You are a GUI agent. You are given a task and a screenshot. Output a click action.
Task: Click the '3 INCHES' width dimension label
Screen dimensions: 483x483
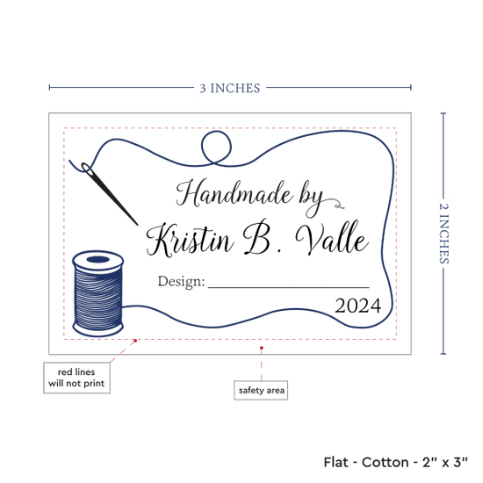tap(230, 89)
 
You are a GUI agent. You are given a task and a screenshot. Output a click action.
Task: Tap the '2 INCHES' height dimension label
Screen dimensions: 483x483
tap(443, 234)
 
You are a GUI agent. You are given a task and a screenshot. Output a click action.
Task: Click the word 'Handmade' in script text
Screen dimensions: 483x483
tap(234, 193)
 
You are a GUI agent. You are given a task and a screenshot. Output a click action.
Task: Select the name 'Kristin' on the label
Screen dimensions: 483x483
tap(190, 240)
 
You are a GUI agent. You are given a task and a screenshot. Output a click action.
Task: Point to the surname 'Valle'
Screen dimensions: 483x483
tap(332, 238)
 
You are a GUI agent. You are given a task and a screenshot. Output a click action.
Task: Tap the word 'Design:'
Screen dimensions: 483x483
tap(181, 282)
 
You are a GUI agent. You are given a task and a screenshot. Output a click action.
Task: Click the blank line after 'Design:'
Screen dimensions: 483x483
tap(289, 287)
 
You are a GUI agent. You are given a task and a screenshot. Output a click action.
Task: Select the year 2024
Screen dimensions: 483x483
tap(358, 306)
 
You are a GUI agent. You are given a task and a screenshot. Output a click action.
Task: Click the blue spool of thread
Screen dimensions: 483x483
tap(98, 293)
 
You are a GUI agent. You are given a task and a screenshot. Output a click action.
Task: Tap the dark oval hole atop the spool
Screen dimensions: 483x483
tap(98, 259)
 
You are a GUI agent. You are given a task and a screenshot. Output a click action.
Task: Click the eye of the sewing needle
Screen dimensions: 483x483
tap(87, 169)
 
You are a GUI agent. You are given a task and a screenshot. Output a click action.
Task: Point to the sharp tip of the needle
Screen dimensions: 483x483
tap(137, 225)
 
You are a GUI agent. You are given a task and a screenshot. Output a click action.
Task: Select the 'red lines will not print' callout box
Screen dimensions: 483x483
tap(76, 378)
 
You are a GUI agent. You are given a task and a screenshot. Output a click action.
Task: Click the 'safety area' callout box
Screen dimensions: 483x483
tap(261, 390)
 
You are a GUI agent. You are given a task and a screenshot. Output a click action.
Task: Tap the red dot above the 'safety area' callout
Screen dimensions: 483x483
tap(262, 348)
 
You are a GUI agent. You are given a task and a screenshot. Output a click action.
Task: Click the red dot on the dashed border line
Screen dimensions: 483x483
tap(135, 341)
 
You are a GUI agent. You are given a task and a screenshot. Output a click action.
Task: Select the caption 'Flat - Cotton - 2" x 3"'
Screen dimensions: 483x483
tap(395, 462)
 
